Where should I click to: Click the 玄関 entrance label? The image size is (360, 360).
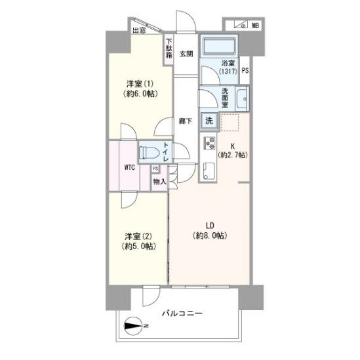[186, 54]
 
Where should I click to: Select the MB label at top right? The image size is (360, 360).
[255, 26]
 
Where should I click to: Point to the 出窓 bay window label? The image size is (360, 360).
[139, 30]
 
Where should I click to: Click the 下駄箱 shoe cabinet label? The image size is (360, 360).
[169, 47]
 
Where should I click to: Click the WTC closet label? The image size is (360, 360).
[129, 167]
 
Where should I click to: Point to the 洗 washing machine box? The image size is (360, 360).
[209, 120]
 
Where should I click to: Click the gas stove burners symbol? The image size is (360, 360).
[210, 143]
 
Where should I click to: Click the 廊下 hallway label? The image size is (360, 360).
[186, 121]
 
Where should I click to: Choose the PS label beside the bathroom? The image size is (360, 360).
[245, 70]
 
